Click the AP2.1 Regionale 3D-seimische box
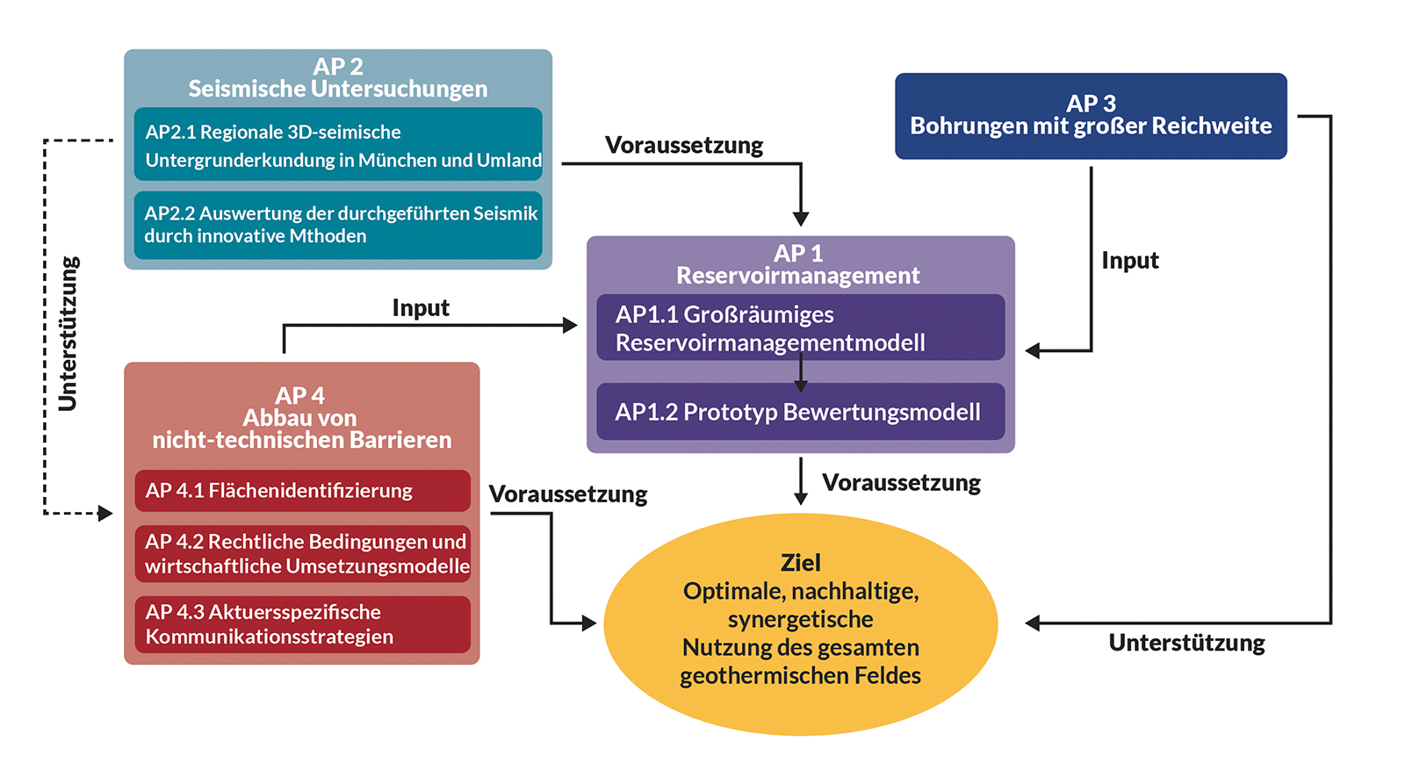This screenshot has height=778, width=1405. pyautogui.click(x=338, y=144)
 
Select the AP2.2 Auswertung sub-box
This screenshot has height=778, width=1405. pyautogui.click(x=338, y=226)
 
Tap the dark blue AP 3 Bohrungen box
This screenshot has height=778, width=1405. pyautogui.click(x=1091, y=116)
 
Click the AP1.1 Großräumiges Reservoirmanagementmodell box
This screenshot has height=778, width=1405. pyautogui.click(x=800, y=328)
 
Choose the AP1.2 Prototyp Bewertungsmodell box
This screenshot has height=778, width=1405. pyautogui.click(x=800, y=412)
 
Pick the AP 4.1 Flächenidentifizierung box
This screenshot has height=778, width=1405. pyautogui.click(x=302, y=491)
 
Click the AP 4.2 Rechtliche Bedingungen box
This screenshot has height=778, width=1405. pyautogui.click(x=302, y=554)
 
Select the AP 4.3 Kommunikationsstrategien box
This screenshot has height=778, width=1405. pyautogui.click(x=302, y=624)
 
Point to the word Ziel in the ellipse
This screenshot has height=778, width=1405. pyautogui.click(x=800, y=563)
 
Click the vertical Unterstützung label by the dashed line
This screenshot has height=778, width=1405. pyautogui.click(x=68, y=333)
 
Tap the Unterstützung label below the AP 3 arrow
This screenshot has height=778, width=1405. pyautogui.click(x=1186, y=644)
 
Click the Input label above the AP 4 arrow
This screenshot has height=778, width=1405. pyautogui.click(x=421, y=309)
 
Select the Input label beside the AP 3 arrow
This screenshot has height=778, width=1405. pyautogui.click(x=1130, y=261)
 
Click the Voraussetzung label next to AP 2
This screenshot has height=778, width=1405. pyautogui.click(x=684, y=146)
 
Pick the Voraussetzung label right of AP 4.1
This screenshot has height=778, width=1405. pyautogui.click(x=568, y=494)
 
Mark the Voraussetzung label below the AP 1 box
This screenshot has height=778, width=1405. pyautogui.click(x=901, y=483)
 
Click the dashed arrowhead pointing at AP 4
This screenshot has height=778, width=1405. pyautogui.click(x=105, y=513)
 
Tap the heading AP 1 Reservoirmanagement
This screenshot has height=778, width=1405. pyautogui.click(x=798, y=264)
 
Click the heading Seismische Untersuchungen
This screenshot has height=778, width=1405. pyautogui.click(x=338, y=89)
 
